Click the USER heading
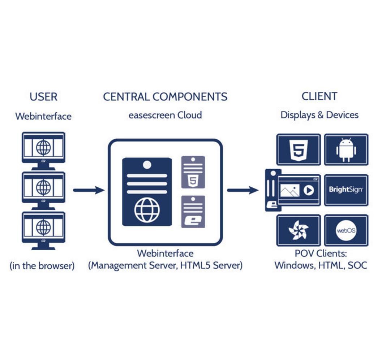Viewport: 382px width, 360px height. [43, 97]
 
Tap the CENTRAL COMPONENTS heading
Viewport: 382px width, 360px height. [165, 97]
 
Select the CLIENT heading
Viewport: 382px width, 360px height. [319, 96]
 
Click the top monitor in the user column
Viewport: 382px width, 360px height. [43, 151]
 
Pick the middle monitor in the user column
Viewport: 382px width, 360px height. [43, 191]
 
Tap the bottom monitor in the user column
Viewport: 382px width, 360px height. [43, 231]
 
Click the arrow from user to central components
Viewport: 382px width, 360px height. [89, 190]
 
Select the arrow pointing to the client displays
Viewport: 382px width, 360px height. [242, 190]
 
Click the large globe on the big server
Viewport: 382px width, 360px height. [147, 210]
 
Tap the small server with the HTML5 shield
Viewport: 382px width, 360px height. [193, 172]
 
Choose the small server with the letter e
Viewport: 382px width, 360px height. [193, 212]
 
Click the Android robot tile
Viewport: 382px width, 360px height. [346, 149]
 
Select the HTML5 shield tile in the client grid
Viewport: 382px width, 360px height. [299, 149]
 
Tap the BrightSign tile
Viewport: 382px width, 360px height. [346, 190]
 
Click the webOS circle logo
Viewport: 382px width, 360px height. [346, 230]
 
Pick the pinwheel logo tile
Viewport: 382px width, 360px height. [299, 230]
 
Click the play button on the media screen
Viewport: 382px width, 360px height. [309, 190]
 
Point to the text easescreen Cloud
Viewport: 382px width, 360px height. [165, 115]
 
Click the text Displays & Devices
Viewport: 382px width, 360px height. [319, 115]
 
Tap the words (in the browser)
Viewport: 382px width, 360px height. [42, 265]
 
